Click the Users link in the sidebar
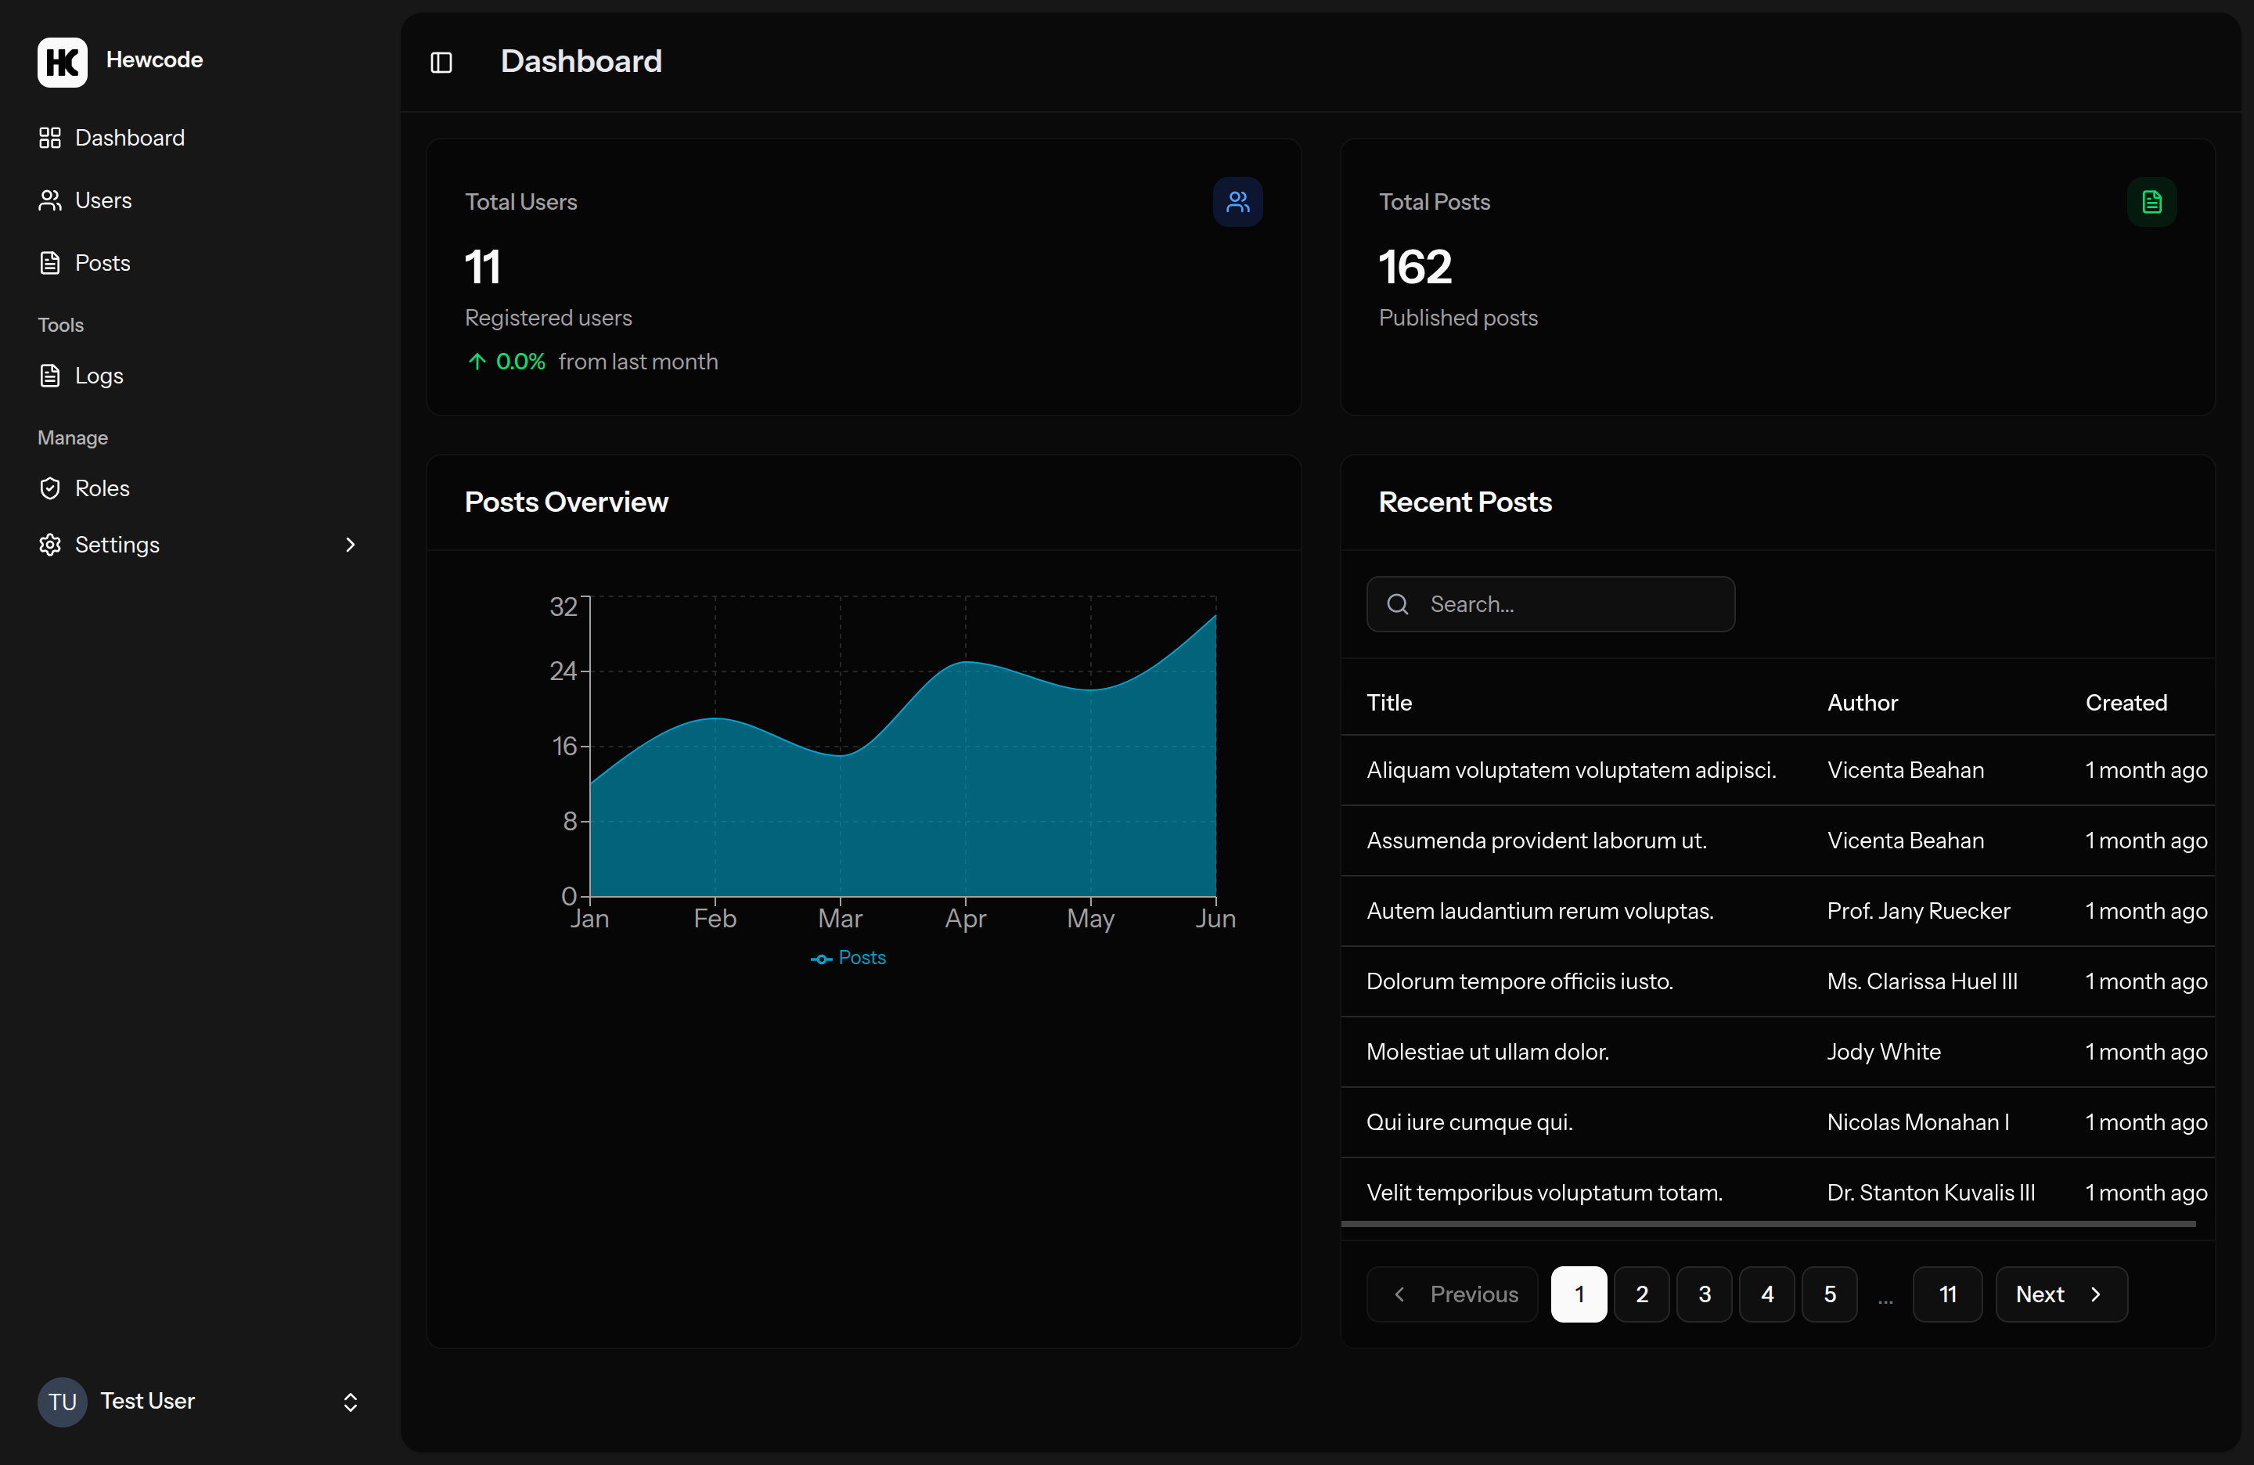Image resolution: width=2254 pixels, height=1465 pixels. pos(103,201)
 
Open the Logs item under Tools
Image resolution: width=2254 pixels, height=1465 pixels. pos(99,376)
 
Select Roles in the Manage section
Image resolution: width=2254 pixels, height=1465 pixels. pos(101,488)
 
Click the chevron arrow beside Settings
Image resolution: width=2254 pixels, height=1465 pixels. pos(351,545)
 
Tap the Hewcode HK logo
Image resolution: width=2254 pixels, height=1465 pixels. pos(63,62)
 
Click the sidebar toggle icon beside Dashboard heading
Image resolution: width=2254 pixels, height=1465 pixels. pos(441,63)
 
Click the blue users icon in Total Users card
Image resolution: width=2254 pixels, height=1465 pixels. pos(1237,202)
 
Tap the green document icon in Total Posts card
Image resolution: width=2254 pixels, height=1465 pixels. pos(2151,202)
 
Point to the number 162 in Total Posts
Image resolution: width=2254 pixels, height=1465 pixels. pos(1414,267)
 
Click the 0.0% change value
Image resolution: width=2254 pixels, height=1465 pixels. pos(520,362)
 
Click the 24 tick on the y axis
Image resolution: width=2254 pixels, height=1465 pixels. pos(563,671)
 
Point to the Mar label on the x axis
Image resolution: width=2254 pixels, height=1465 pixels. pos(839,919)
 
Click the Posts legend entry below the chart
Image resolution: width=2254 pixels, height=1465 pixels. pos(849,959)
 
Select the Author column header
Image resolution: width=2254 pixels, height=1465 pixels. pos(1862,703)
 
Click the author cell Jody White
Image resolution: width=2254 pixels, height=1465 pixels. pos(1883,1052)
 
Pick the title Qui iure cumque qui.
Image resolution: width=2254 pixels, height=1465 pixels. pos(1469,1122)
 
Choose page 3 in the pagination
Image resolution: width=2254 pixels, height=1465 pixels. pos(1704,1294)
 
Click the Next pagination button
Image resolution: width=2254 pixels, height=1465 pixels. pos(2060,1294)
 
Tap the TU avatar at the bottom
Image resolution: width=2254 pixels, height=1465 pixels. pos(63,1402)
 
